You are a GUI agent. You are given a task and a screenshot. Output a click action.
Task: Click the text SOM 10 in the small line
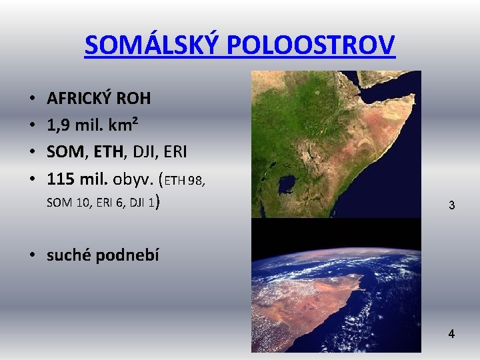coord(67,203)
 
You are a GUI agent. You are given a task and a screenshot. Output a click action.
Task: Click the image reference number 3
coord(451,206)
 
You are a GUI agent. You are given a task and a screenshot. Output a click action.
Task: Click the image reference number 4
coord(451,334)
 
